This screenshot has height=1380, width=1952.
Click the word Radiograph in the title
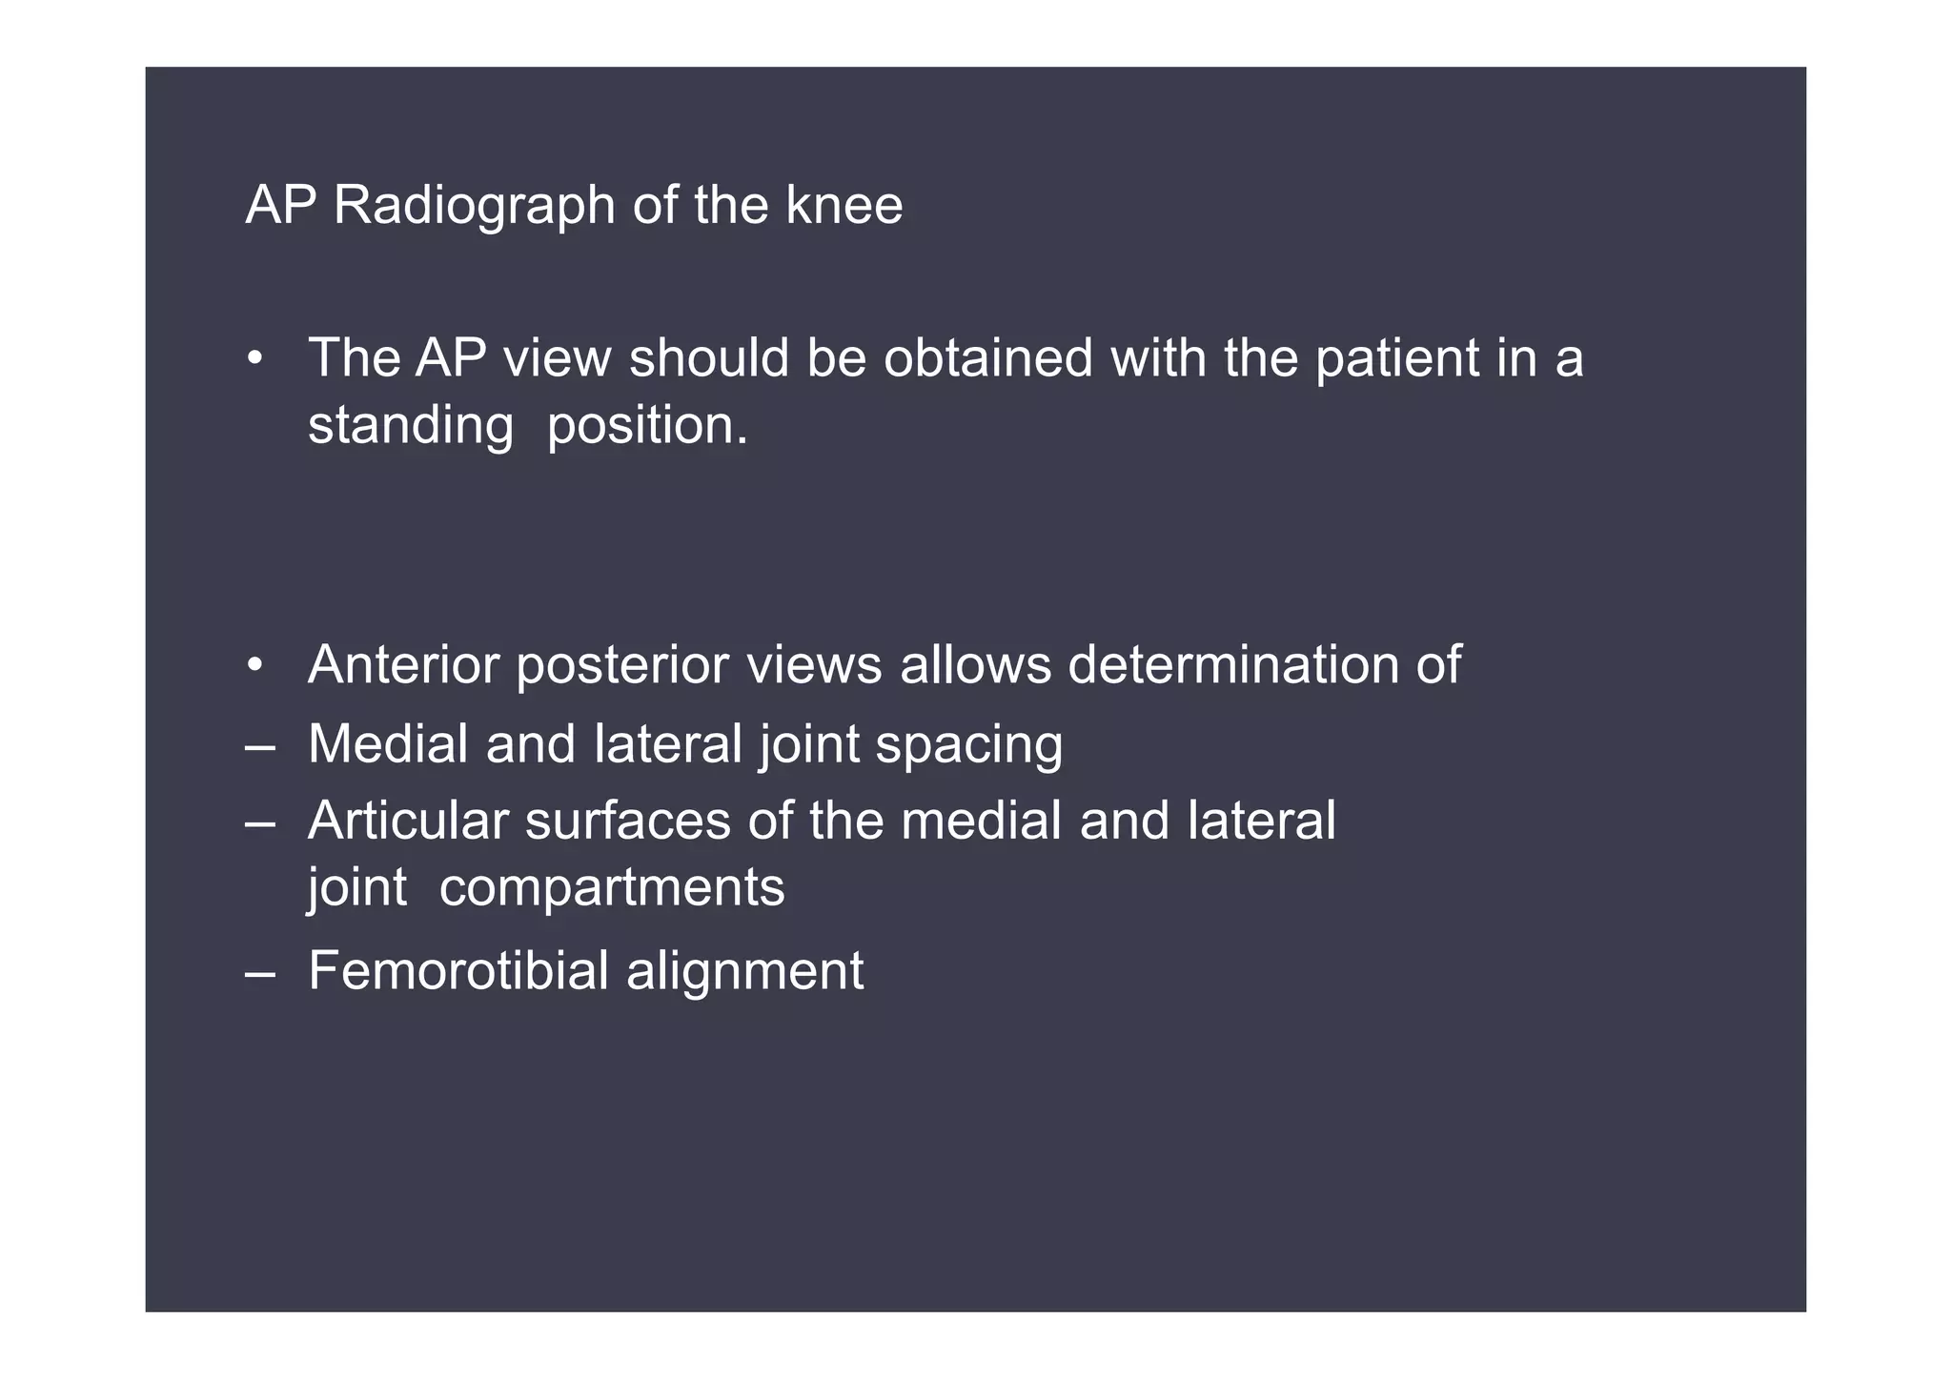pos(474,206)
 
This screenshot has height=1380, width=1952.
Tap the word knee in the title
pos(844,206)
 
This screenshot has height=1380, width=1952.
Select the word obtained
pos(987,359)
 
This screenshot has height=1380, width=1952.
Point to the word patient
pos(1396,359)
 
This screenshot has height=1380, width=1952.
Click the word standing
pos(411,426)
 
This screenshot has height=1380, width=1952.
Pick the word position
pos(648,426)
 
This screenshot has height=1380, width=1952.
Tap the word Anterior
pos(403,665)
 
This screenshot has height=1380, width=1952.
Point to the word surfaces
pos(627,822)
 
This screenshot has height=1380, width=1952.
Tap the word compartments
pos(612,889)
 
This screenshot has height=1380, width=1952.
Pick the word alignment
pos(745,973)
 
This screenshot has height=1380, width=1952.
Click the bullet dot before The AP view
pos(254,360)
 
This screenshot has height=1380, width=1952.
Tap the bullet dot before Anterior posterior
pos(254,666)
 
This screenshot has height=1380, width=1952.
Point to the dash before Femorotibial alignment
pos(260,973)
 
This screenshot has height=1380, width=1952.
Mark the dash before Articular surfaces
pos(260,822)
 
